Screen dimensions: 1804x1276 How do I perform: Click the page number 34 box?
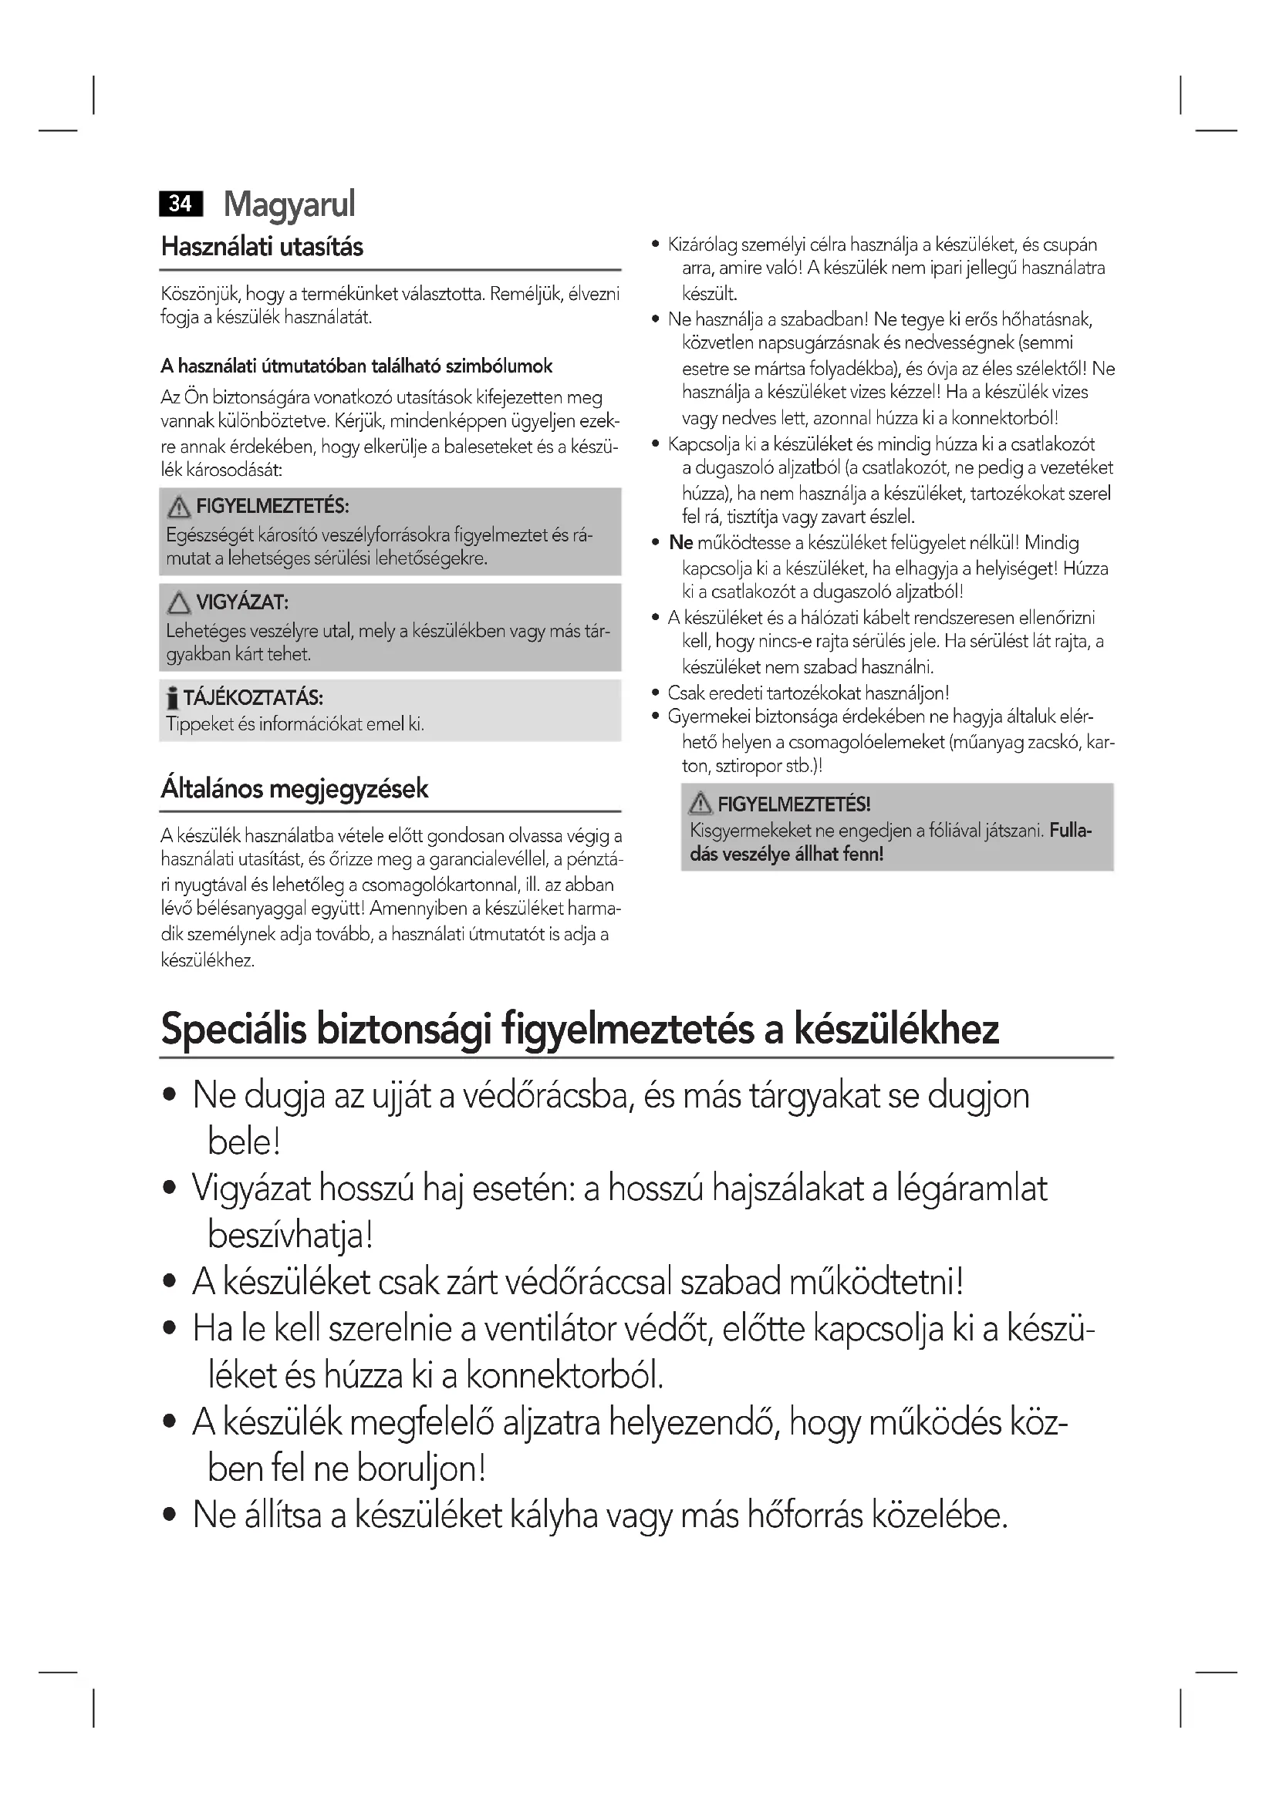[x=181, y=204]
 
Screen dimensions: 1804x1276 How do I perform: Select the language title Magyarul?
[x=289, y=204]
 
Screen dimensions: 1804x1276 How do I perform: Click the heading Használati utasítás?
[x=262, y=247]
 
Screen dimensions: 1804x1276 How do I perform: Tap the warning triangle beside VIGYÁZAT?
[x=179, y=602]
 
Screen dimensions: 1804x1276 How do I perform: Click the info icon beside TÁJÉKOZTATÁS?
[x=172, y=698]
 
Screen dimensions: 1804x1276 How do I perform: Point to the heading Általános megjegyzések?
[x=295, y=788]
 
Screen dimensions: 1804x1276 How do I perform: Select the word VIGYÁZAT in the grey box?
[x=242, y=602]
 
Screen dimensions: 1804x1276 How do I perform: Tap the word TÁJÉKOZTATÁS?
[x=253, y=698]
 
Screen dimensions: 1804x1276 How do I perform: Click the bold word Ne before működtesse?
[x=680, y=543]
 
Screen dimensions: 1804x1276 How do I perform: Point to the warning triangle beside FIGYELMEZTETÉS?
[x=700, y=804]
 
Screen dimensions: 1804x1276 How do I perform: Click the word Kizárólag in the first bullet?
[x=701, y=245]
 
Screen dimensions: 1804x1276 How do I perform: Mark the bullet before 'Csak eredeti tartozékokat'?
[x=656, y=693]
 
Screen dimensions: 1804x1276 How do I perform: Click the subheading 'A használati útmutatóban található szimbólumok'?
[x=356, y=366]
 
